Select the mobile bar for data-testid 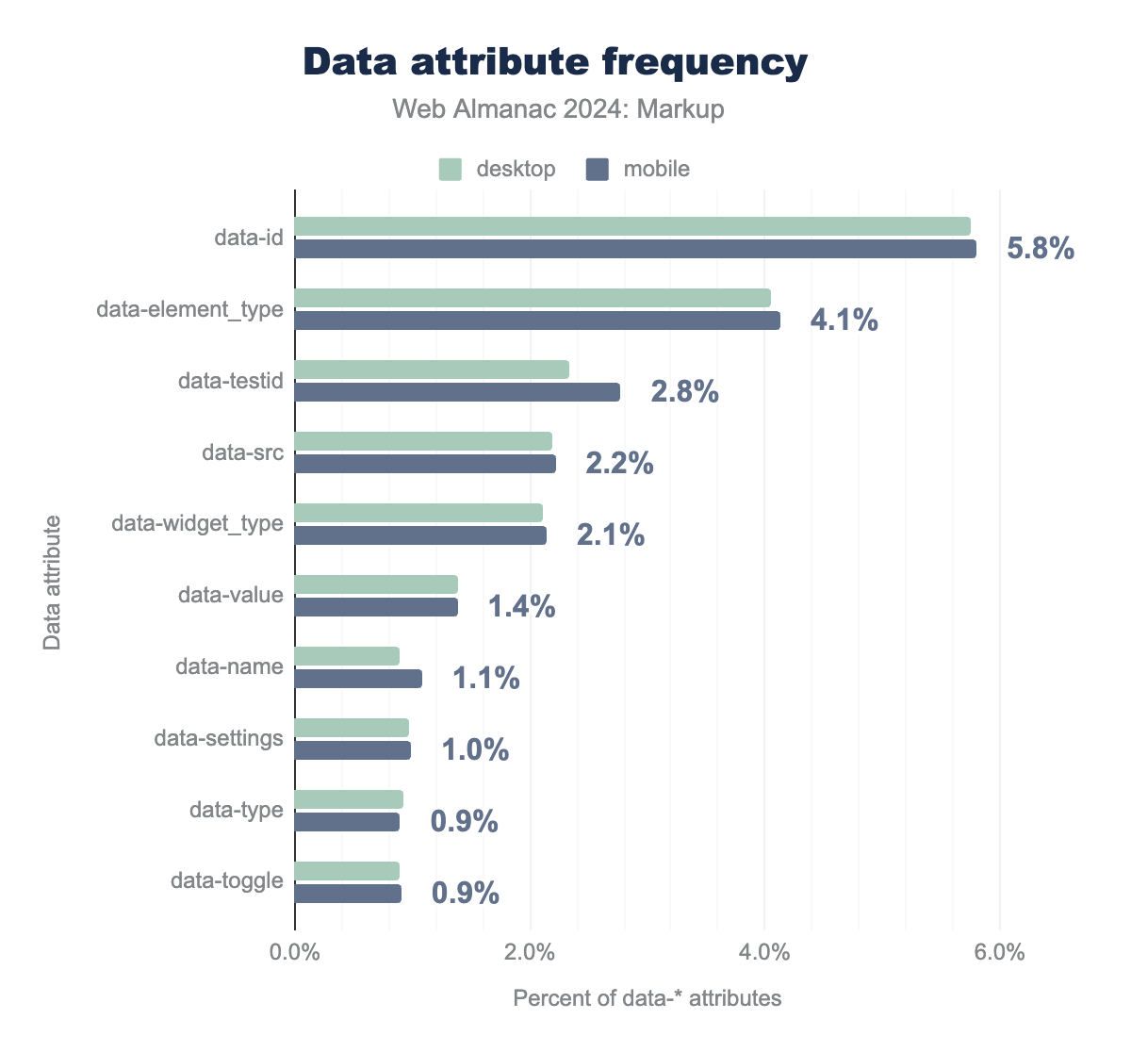[x=457, y=392]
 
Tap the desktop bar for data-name [x=347, y=656]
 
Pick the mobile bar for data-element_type [x=537, y=321]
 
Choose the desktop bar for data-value [x=376, y=584]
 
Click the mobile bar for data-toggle [x=348, y=894]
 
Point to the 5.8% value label [x=1041, y=249]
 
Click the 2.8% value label [x=684, y=392]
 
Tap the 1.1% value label [x=485, y=679]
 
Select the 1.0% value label [x=475, y=750]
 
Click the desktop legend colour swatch [x=451, y=170]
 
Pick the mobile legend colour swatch [x=598, y=170]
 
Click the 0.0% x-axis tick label [x=295, y=952]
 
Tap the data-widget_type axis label [x=197, y=523]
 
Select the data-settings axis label [x=219, y=738]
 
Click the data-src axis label [x=242, y=452]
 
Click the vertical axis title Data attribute [x=53, y=582]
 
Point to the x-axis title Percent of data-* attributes [x=647, y=998]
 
